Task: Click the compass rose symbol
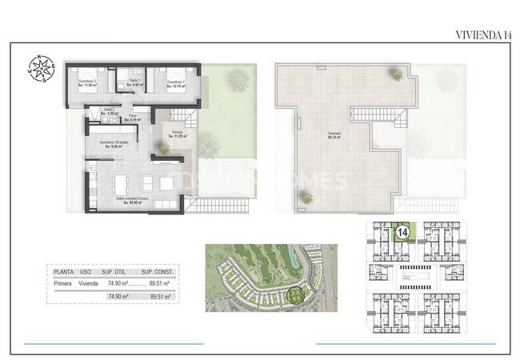(x=40, y=68)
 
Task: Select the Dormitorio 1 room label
(x=176, y=83)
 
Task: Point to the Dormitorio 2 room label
(x=87, y=83)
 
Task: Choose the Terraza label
(x=177, y=134)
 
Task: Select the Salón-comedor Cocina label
(x=134, y=201)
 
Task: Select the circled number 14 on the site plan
(x=402, y=234)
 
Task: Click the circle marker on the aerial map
(x=298, y=298)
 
